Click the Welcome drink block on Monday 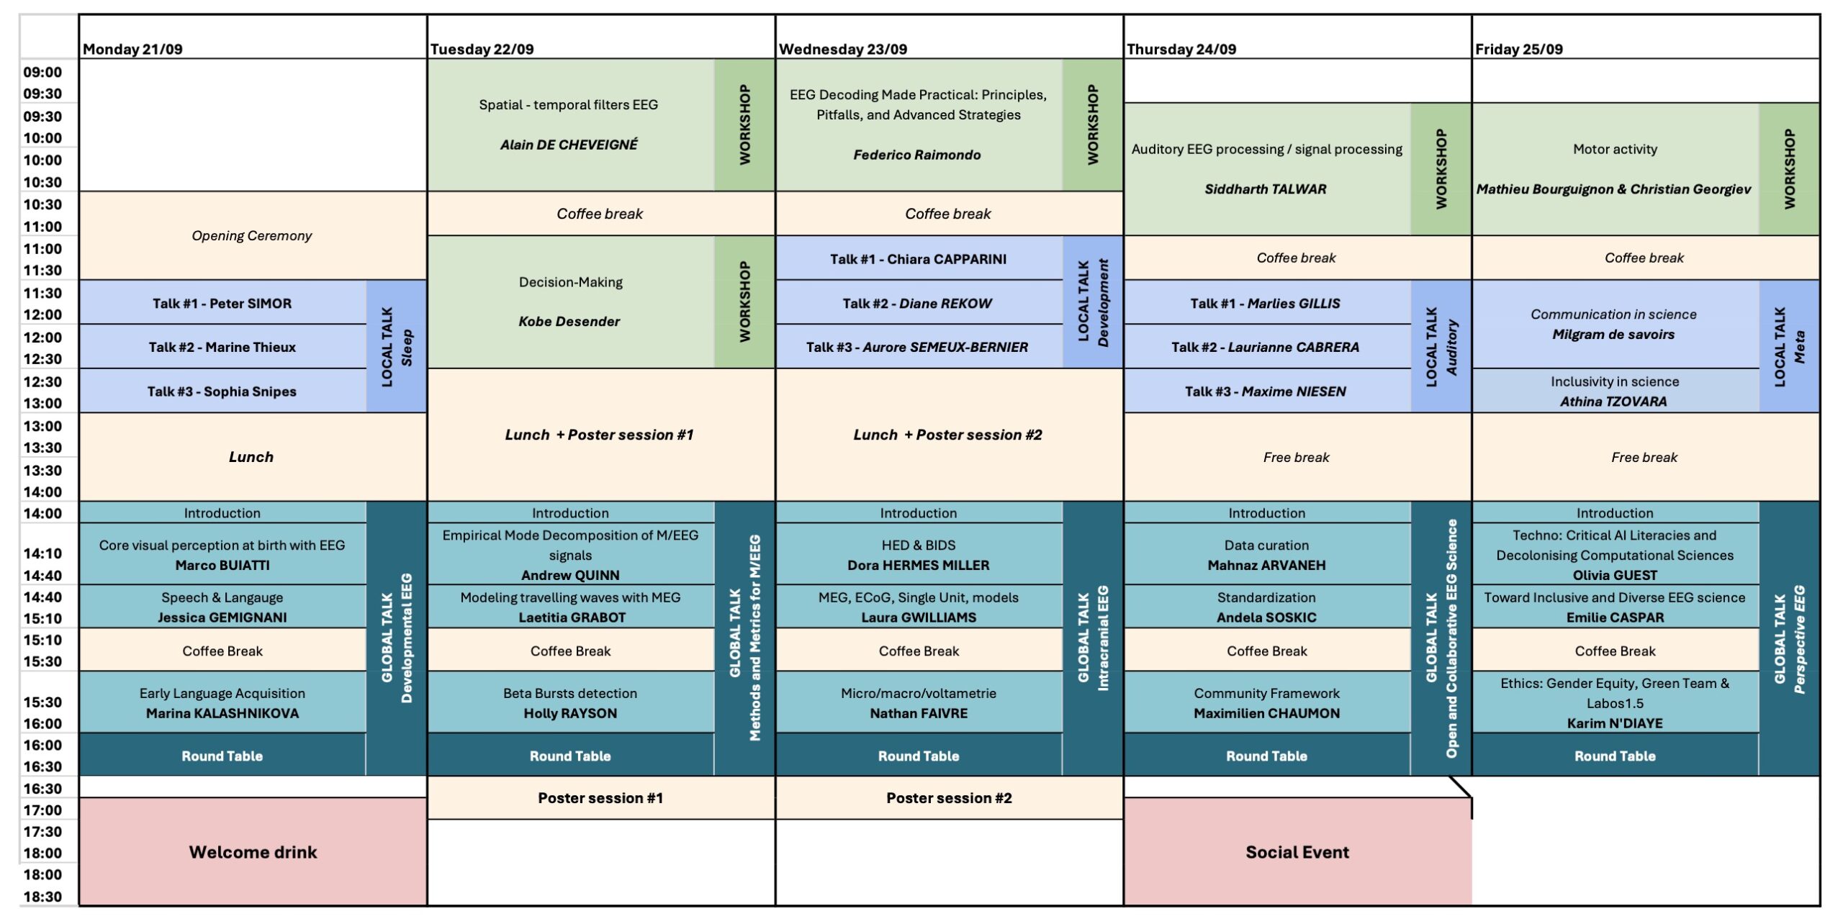[253, 851]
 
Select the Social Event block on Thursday [1297, 851]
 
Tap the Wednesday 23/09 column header [842, 49]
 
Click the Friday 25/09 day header [1519, 49]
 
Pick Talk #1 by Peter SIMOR [222, 302]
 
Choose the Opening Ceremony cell [253, 235]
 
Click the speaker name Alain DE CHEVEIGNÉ [569, 145]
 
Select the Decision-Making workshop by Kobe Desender [571, 302]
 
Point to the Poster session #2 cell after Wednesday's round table [949, 797]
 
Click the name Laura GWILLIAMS [919, 617]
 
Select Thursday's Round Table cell [1267, 755]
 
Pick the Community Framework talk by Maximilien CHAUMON [1267, 702]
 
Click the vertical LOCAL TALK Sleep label [397, 346]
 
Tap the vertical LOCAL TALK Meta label [1789, 346]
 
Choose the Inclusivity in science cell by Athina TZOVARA [1615, 391]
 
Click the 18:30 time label [42, 897]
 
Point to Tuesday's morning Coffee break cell [601, 214]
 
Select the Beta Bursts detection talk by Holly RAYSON [571, 702]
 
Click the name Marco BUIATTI [222, 566]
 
